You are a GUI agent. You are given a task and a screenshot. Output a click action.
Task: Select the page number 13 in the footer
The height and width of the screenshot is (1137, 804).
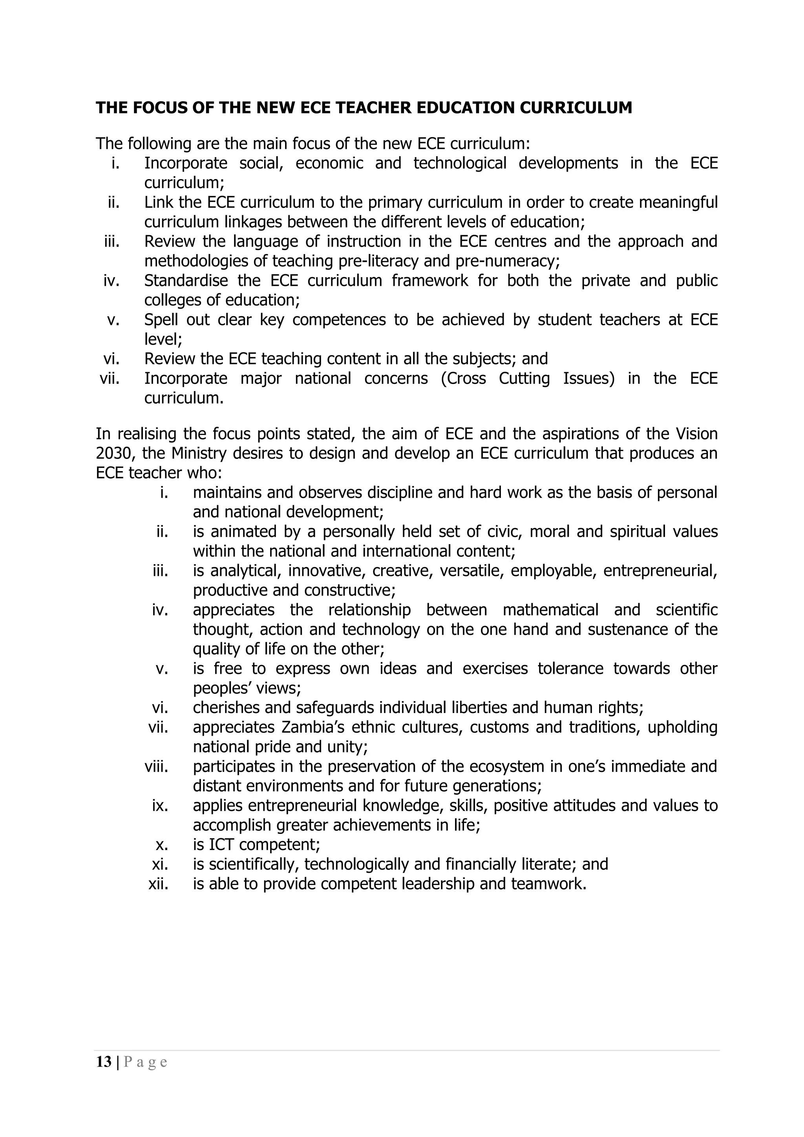pyautogui.click(x=104, y=1062)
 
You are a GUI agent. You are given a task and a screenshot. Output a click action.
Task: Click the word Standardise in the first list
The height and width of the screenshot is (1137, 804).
pyautogui.click(x=186, y=281)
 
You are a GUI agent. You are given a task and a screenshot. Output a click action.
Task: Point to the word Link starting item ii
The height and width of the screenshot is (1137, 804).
pyautogui.click(x=157, y=203)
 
